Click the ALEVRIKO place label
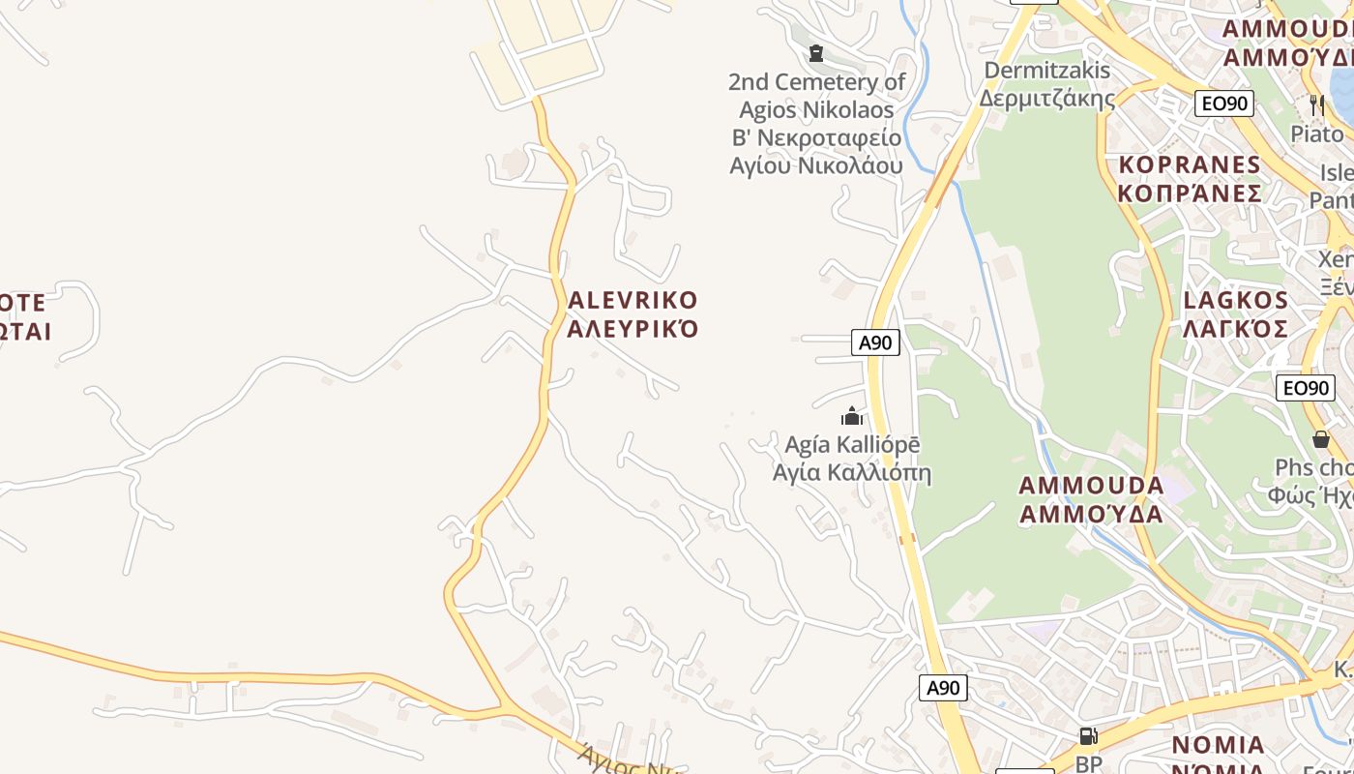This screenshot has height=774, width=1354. pyautogui.click(x=633, y=300)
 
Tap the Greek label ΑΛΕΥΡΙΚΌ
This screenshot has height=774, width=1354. pyautogui.click(x=633, y=328)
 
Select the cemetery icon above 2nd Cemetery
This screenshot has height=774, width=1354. pyautogui.click(x=816, y=52)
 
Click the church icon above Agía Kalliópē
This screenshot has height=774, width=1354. pyautogui.click(x=852, y=417)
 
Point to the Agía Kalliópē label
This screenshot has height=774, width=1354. pyautogui.click(x=852, y=446)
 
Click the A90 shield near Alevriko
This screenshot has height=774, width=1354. pyautogui.click(x=875, y=342)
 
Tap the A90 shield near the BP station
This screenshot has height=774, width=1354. pyautogui.click(x=942, y=687)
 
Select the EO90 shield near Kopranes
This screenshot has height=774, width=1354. pyautogui.click(x=1223, y=104)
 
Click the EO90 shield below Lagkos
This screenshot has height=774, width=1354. pyautogui.click(x=1305, y=388)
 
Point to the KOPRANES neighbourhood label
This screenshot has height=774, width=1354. pyautogui.click(x=1190, y=164)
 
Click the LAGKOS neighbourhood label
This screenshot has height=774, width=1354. pyautogui.click(x=1236, y=300)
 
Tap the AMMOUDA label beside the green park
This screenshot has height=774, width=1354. pyautogui.click(x=1091, y=485)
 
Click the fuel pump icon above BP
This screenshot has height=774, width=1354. pyautogui.click(x=1088, y=737)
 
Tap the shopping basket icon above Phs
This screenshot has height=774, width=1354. pyautogui.click(x=1320, y=440)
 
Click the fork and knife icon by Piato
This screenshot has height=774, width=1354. pyautogui.click(x=1316, y=104)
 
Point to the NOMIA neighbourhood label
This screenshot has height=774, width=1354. pyautogui.click(x=1218, y=745)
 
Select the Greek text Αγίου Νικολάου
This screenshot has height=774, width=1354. pyautogui.click(x=815, y=164)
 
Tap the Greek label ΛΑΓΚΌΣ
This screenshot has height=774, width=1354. pyautogui.click(x=1236, y=328)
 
